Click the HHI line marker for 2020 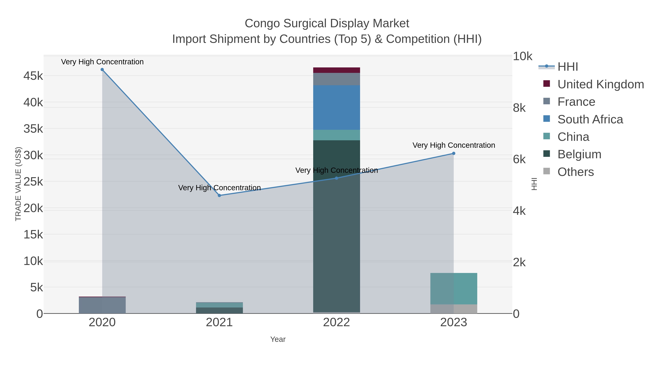(102, 70)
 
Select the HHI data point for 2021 (219, 195)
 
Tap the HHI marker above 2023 (454, 153)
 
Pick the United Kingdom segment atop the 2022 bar (336, 70)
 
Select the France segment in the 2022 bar (336, 79)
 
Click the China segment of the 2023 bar (454, 289)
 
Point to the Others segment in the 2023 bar (454, 309)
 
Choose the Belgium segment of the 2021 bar (219, 310)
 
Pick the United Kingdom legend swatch (547, 84)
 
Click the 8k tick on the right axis (519, 108)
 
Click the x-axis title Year (278, 339)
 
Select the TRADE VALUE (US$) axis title (18, 184)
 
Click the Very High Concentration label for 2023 (454, 145)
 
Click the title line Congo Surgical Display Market (327, 23)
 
